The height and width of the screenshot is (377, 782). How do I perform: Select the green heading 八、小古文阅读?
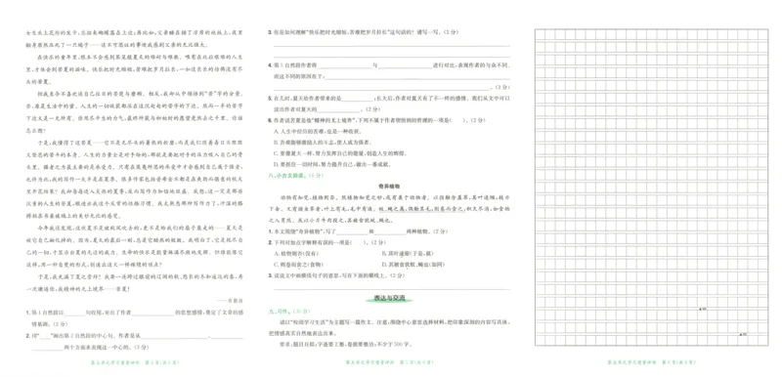294,175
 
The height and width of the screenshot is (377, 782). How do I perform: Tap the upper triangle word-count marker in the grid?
730,307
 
